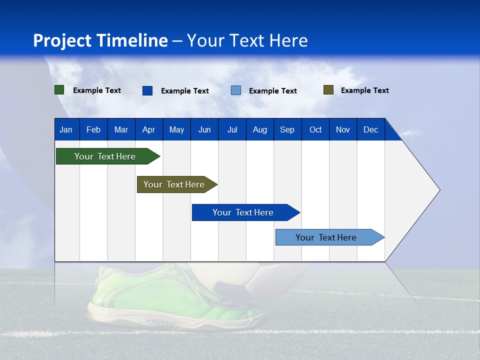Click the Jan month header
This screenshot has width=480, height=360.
pyautogui.click(x=66, y=130)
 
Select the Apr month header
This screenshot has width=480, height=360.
pyautogui.click(x=148, y=130)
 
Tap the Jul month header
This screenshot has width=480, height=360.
pyautogui.click(x=232, y=130)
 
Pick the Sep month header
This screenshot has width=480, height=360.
pyautogui.click(x=287, y=130)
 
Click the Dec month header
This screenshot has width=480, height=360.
pyautogui.click(x=370, y=130)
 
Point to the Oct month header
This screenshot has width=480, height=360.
pyautogui.click(x=315, y=130)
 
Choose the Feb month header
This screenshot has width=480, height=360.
pyautogui.click(x=93, y=130)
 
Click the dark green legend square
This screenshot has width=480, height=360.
pyautogui.click(x=59, y=90)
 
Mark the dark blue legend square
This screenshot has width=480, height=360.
pyautogui.click(x=147, y=90)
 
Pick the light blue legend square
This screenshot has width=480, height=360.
pyautogui.click(x=236, y=90)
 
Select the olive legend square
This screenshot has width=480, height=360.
pyautogui.click(x=328, y=90)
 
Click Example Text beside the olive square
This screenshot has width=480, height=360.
pyautogui.click(x=364, y=90)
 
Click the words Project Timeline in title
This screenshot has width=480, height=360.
pyautogui.click(x=100, y=40)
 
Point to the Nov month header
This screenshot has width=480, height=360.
pyautogui.click(x=343, y=130)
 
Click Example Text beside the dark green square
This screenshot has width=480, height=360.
pyautogui.click(x=97, y=90)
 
